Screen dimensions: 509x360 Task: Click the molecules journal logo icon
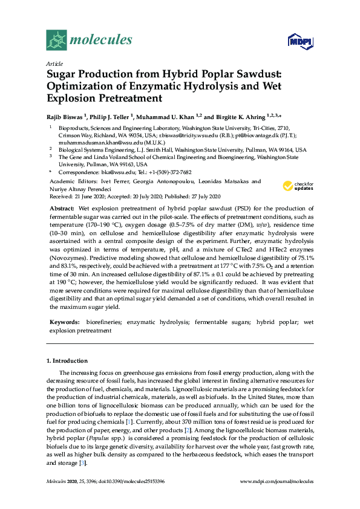click(x=56, y=41)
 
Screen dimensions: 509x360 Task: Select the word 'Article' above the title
click(x=54, y=63)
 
